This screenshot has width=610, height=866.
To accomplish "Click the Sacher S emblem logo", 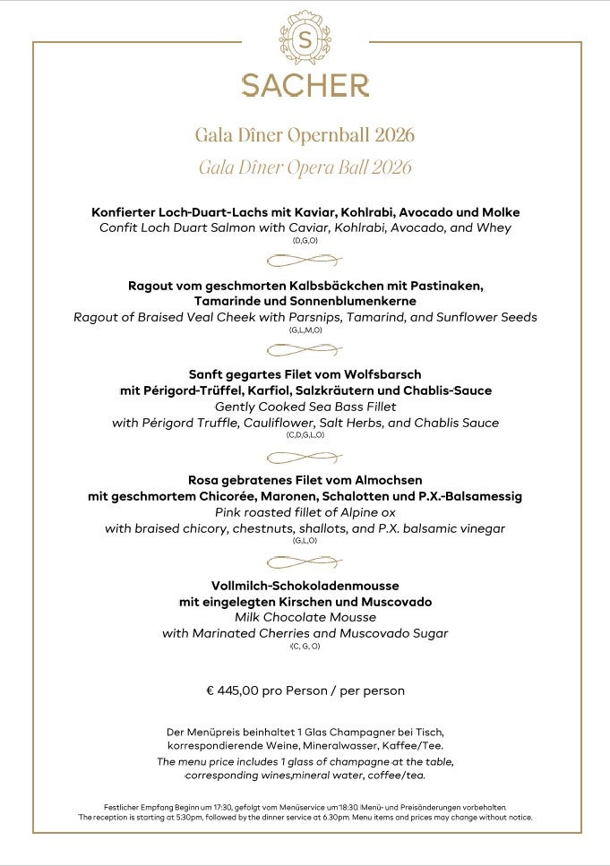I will pyautogui.click(x=305, y=39).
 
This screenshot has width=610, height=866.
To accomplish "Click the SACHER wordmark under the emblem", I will pyautogui.click(x=305, y=86).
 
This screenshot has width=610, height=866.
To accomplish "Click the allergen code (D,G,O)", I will pyautogui.click(x=305, y=241).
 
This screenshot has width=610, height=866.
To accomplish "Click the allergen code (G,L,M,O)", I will pyautogui.click(x=305, y=330).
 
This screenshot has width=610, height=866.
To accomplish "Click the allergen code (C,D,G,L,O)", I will pyautogui.click(x=305, y=435).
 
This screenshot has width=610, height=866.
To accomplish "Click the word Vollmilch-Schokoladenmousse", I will pyautogui.click(x=305, y=585).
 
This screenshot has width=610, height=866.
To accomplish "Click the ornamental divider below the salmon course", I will pyautogui.click(x=305, y=261).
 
